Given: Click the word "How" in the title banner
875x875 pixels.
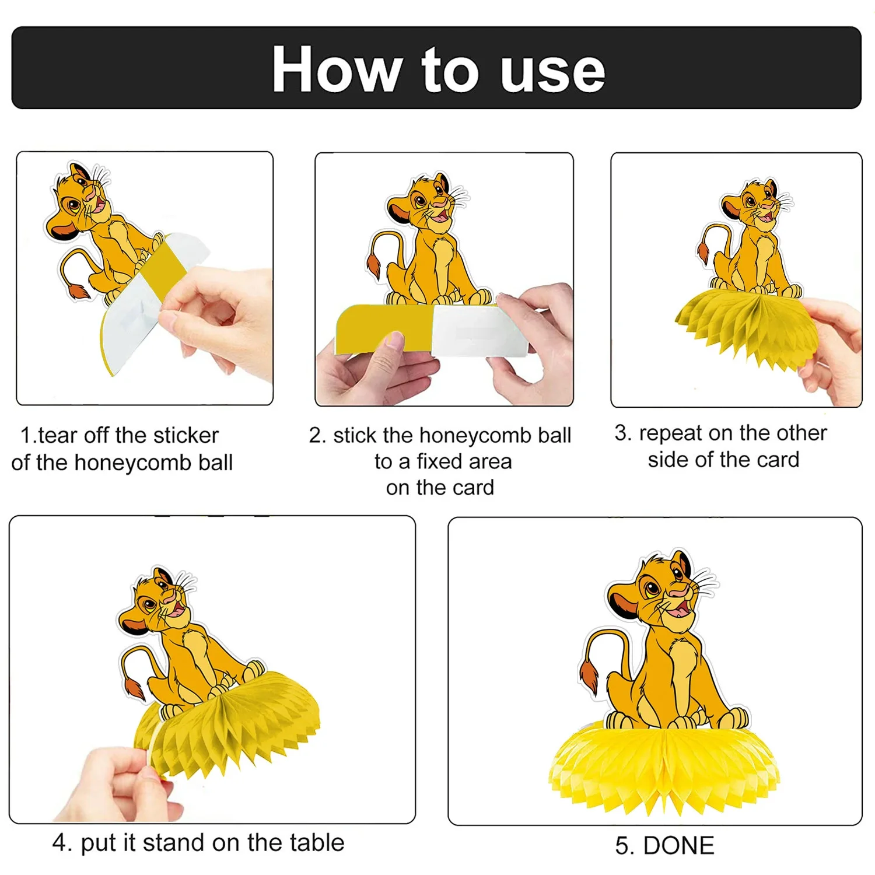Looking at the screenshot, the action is point(336,69).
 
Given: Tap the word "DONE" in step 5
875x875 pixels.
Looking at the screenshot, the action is point(678,846).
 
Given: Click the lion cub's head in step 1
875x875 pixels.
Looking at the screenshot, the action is point(78,198).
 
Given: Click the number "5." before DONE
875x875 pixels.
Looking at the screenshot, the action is point(626,846).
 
